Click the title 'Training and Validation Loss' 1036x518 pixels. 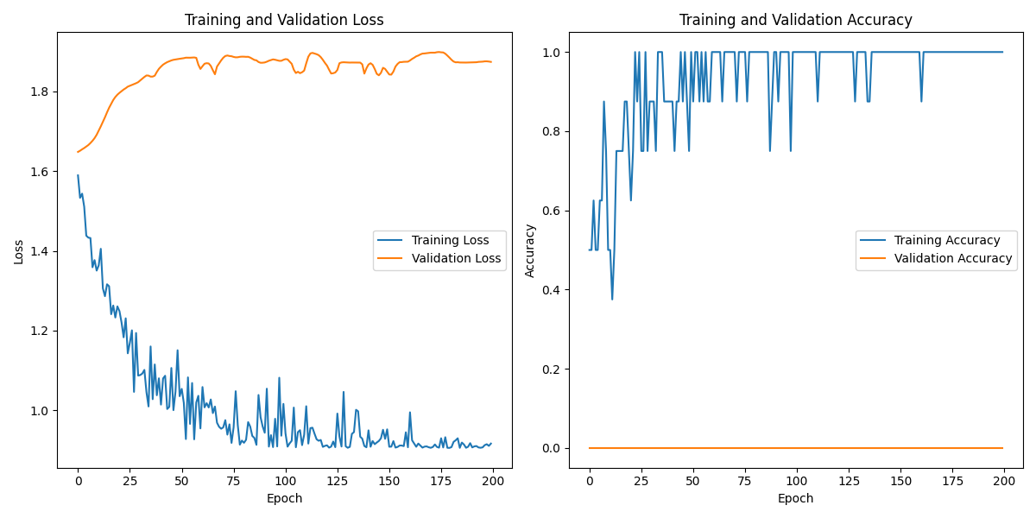pyautogui.click(x=285, y=20)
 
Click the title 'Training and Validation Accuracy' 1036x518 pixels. pyautogui.click(x=795, y=20)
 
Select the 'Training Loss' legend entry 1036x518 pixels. pyautogui.click(x=450, y=240)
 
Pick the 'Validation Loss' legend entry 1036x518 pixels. pyautogui.click(x=456, y=258)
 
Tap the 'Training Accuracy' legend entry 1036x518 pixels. pyautogui.click(x=947, y=240)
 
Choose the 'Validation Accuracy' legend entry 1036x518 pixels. pyautogui.click(x=953, y=258)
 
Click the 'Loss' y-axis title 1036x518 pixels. pyautogui.click(x=18, y=250)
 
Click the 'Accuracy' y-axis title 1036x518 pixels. pyautogui.click(x=530, y=250)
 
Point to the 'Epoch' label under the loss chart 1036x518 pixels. pyautogui.click(x=284, y=498)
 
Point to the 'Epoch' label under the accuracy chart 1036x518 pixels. pyautogui.click(x=795, y=498)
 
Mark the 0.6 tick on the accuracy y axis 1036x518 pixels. pyautogui.click(x=550, y=211)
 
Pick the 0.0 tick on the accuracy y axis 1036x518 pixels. pyautogui.click(x=550, y=448)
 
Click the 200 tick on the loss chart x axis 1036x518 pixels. pyautogui.click(x=493, y=481)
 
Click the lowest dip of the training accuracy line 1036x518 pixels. pyautogui.click(x=612, y=300)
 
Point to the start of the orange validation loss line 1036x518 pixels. pyautogui.click(x=78, y=152)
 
